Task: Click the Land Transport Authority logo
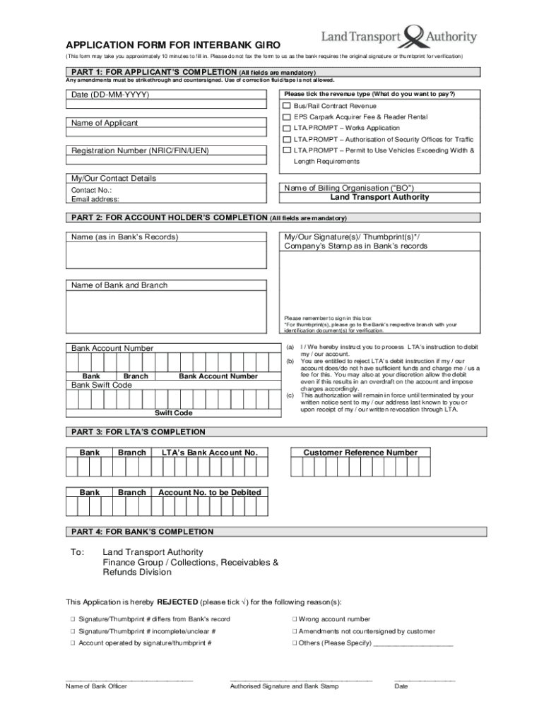(x=399, y=37)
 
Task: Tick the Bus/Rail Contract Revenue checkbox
(x=287, y=106)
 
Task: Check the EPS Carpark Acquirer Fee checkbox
(x=287, y=117)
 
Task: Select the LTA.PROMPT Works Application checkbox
(x=287, y=129)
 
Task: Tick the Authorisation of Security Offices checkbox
(x=287, y=140)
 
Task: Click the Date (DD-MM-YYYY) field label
(x=110, y=95)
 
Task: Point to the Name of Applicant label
(x=105, y=124)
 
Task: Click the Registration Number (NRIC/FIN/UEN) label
(x=140, y=150)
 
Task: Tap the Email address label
(x=95, y=199)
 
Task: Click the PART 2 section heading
(x=167, y=217)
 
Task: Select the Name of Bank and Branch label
(x=119, y=285)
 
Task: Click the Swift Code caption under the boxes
(x=173, y=412)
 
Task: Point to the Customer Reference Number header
(x=360, y=453)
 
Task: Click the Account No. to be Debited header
(x=209, y=492)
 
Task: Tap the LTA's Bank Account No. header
(x=209, y=453)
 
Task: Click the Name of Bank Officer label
(x=96, y=686)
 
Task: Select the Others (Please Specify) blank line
(x=413, y=644)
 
